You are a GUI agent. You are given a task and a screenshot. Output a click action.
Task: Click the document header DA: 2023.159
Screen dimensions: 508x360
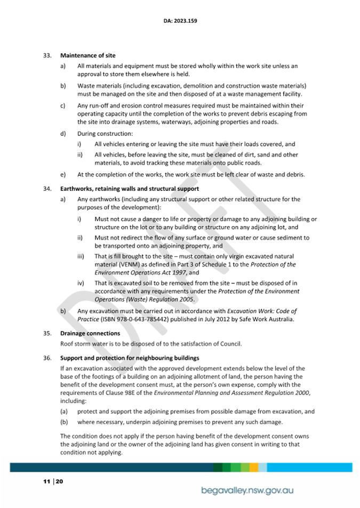[x=180, y=22]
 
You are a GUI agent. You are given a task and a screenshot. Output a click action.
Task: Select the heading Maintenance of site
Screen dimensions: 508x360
[x=87, y=55]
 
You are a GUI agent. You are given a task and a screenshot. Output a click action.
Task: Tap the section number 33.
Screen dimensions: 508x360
[x=47, y=55]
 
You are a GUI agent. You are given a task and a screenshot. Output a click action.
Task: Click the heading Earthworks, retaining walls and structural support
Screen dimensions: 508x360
[x=130, y=189]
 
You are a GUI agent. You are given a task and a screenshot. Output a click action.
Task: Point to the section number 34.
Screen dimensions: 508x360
[x=47, y=189]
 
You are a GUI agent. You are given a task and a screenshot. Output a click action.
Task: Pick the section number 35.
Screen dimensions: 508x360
[x=47, y=333]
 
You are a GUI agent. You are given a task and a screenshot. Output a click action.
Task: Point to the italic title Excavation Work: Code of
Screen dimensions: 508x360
[x=262, y=311]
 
